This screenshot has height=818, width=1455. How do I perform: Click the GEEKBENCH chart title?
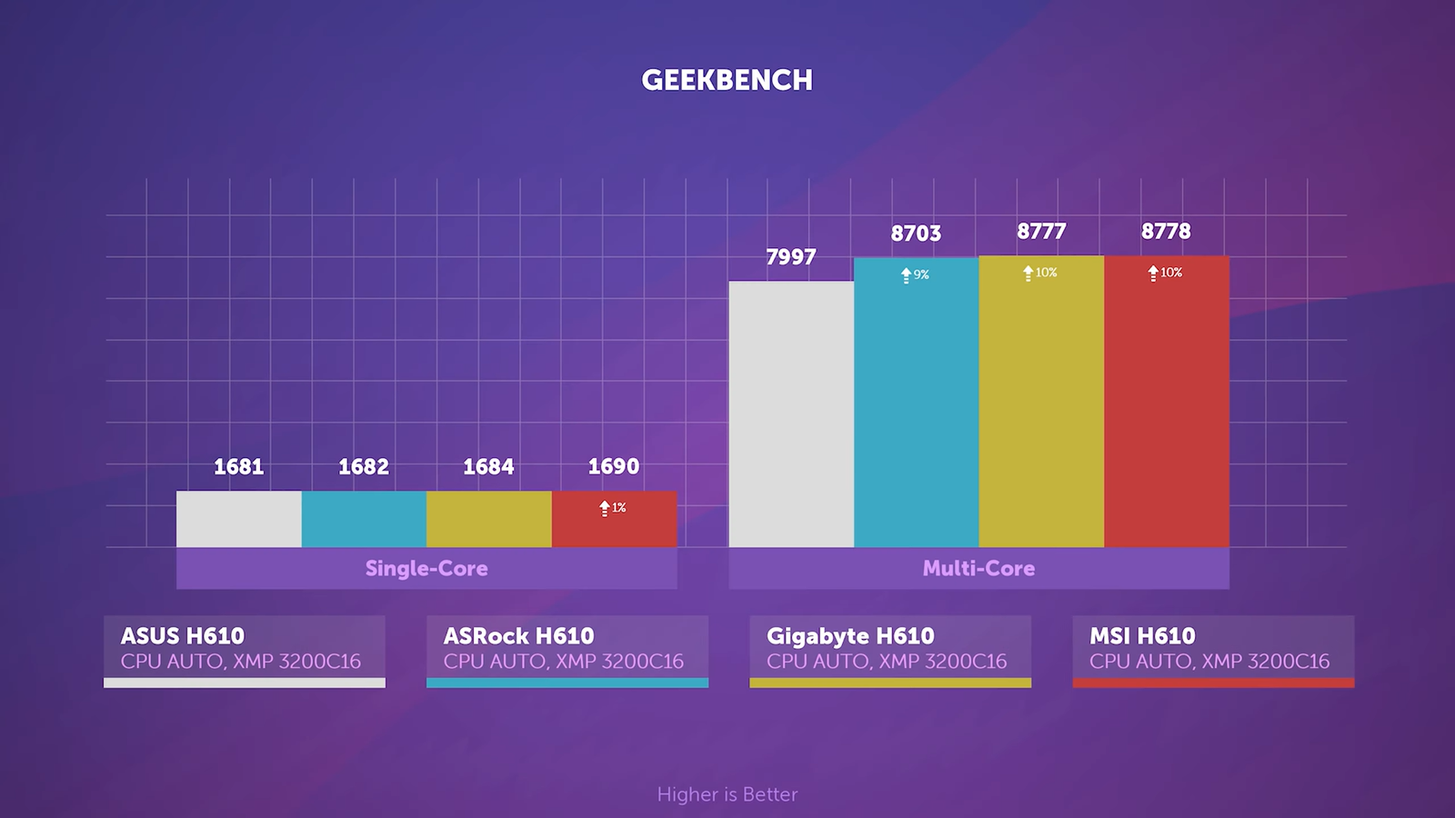[727, 80]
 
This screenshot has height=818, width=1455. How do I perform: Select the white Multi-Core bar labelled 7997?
[791, 414]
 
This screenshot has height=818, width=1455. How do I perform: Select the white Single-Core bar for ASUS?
[238, 519]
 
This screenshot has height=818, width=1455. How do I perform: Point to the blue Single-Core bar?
[364, 519]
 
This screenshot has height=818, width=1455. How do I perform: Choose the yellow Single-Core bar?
[488, 519]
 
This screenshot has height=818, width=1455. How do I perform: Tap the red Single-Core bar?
[614, 527]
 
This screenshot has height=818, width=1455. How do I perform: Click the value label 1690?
[614, 466]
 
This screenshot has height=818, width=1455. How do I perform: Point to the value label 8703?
[916, 234]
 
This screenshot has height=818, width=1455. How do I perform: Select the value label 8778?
[1166, 232]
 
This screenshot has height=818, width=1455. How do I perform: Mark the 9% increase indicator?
[915, 274]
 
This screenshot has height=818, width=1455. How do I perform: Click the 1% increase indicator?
[613, 508]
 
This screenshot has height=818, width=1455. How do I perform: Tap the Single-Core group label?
[426, 568]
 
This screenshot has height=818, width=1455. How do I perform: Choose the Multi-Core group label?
[978, 568]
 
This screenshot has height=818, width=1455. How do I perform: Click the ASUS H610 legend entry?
[244, 649]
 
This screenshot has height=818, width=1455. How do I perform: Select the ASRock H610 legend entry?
[567, 649]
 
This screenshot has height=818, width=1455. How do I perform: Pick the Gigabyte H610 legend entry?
[889, 649]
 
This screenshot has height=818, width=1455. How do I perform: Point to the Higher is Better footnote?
[727, 794]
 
